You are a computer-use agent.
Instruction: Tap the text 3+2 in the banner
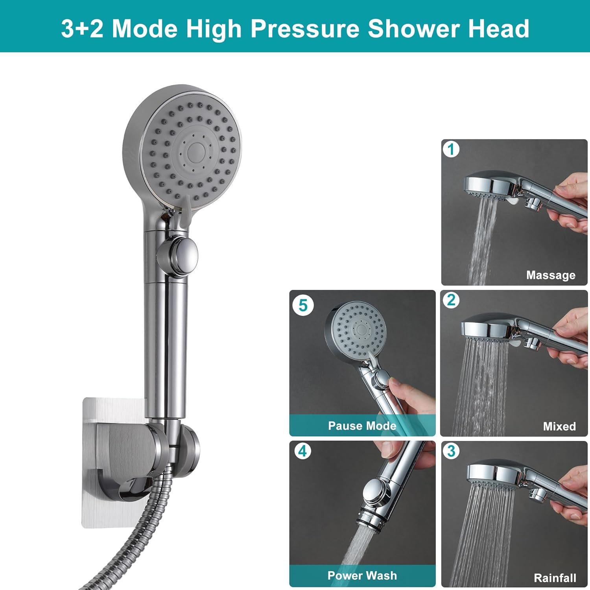82,29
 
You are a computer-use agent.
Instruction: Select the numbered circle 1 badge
451,149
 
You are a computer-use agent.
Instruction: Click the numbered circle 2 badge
451,300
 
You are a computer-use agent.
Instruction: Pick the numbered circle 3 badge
451,451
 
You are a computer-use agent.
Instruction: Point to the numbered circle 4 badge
302,451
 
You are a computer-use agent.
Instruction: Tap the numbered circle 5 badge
303,305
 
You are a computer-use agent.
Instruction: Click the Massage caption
550,275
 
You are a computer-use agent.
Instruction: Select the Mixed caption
559,426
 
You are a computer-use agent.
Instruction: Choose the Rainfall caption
555,577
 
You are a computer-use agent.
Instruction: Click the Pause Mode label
362,426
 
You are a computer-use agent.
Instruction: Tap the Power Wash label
362,575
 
